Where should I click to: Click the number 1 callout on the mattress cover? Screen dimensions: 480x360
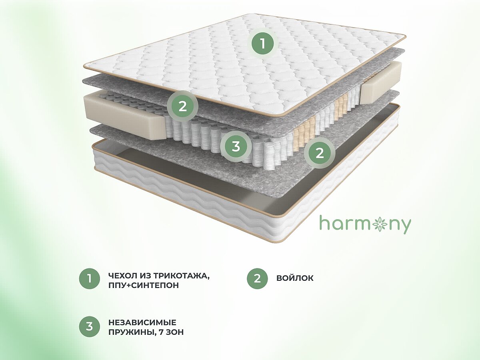[x=262, y=44]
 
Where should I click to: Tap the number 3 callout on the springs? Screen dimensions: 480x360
[x=236, y=146]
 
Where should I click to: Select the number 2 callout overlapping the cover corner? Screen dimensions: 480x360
[x=182, y=106]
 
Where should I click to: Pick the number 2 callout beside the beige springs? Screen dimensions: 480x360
[x=320, y=153]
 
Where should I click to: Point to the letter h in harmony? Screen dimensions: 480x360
[x=324, y=222]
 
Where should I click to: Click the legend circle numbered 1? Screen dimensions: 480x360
[x=90, y=279]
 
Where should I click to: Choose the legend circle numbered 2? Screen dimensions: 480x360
[x=257, y=279]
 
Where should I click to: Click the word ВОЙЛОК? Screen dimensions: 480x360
[x=295, y=278]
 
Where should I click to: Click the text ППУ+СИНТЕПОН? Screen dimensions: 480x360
[x=144, y=286]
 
